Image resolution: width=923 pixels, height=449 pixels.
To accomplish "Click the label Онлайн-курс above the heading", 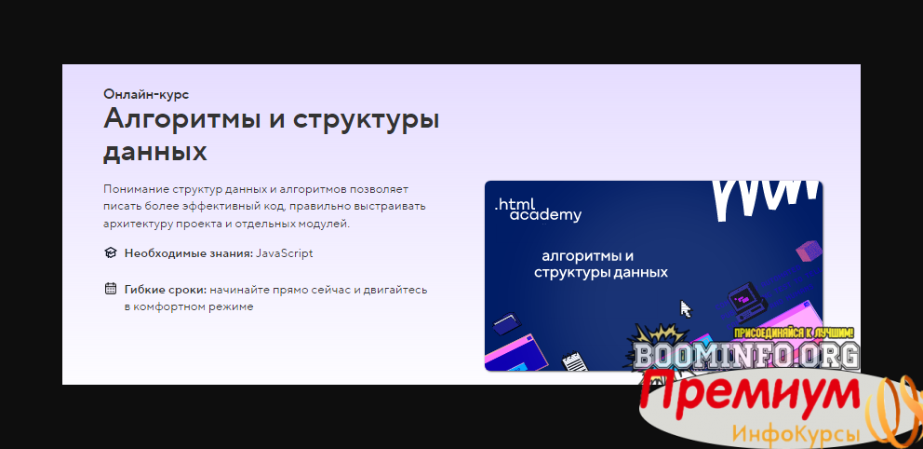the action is (x=146, y=94).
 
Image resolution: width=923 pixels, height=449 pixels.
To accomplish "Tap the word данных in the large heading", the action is (x=154, y=152).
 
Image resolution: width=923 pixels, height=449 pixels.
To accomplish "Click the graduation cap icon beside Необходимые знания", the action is (x=111, y=253).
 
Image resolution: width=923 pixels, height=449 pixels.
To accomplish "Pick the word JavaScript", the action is (x=285, y=254).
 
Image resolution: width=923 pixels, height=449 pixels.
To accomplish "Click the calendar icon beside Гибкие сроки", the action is (x=111, y=289).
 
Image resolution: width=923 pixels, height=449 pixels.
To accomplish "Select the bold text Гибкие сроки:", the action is (x=166, y=290).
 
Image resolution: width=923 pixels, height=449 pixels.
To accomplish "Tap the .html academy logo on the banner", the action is (x=538, y=211).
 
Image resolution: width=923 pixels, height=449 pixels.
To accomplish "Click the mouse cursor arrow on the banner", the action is (x=686, y=308).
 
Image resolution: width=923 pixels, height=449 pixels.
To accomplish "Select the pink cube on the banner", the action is (x=808, y=251).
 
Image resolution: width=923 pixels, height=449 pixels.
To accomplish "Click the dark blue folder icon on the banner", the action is (x=507, y=325).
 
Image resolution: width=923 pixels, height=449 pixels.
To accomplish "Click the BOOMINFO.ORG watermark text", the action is (x=747, y=355).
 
